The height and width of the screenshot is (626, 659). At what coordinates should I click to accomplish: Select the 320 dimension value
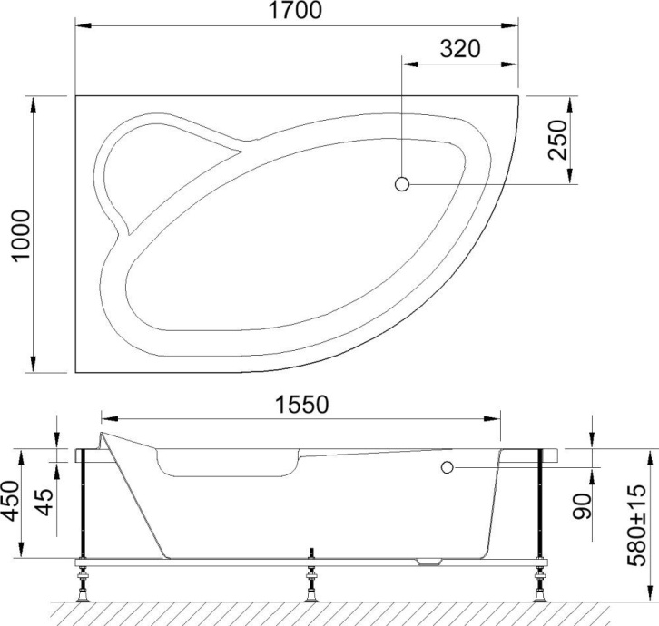click(x=460, y=49)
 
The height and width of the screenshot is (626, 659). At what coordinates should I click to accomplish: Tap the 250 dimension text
click(x=557, y=139)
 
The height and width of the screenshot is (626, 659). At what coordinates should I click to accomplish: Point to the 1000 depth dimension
click(x=19, y=234)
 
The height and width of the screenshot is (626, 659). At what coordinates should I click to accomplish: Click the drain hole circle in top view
click(x=402, y=184)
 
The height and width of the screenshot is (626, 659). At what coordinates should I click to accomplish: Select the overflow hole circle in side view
click(x=447, y=467)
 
